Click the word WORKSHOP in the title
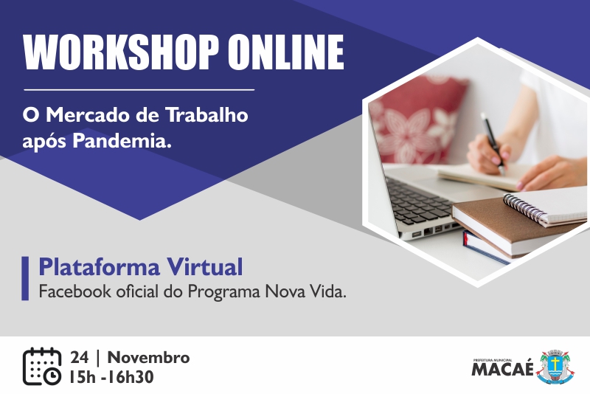(121, 52)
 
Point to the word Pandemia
(122, 142)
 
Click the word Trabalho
(207, 115)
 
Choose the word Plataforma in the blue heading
(100, 268)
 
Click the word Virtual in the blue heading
(205, 267)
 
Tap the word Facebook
(75, 291)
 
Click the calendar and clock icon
(42, 367)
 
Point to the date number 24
(80, 358)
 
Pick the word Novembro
(149, 358)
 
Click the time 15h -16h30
(111, 377)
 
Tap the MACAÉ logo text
(503, 369)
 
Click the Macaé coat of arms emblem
(555, 367)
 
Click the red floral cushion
(417, 120)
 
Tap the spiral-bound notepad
(546, 207)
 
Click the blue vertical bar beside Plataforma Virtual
(25, 278)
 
